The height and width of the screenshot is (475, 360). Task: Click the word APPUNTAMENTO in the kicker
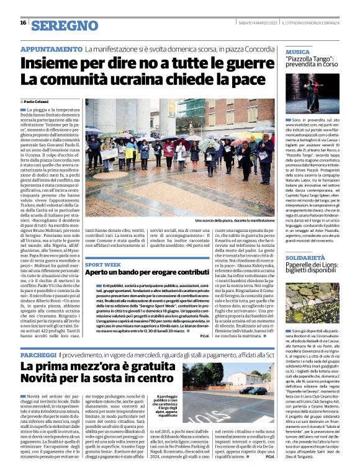pyautogui.click(x=51, y=49)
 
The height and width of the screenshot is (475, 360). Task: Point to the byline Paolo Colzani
pyautogui.click(x=37, y=101)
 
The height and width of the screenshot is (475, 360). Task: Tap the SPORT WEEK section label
pyautogui.click(x=104, y=263)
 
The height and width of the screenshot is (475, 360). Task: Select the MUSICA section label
pyautogui.click(x=298, y=52)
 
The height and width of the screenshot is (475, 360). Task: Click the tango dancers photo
pyautogui.click(x=313, y=92)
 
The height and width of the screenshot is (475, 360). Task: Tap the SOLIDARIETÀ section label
pyautogui.click(x=307, y=256)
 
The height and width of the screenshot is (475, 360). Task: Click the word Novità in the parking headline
pyautogui.click(x=43, y=378)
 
